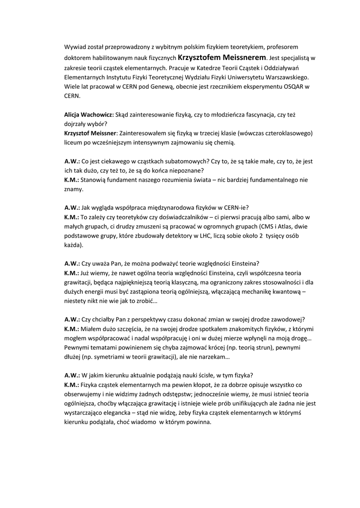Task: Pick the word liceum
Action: [x=74, y=142]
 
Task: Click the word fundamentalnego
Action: [x=269, y=180]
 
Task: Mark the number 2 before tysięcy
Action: [x=260, y=236]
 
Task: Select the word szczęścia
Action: [x=119, y=329]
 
